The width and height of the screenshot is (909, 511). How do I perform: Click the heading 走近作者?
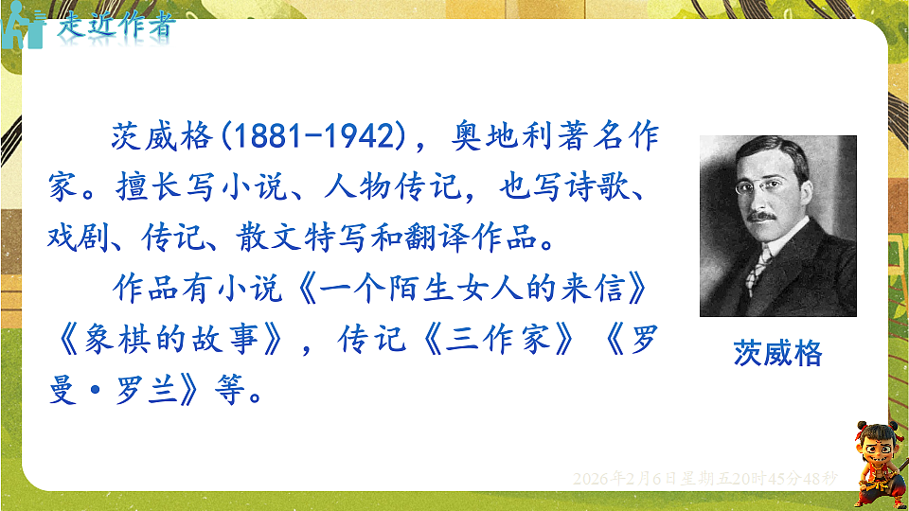coord(116,26)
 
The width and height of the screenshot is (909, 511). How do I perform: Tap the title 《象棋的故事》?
coord(169,339)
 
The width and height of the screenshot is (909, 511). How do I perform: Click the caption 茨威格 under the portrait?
coord(777,354)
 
